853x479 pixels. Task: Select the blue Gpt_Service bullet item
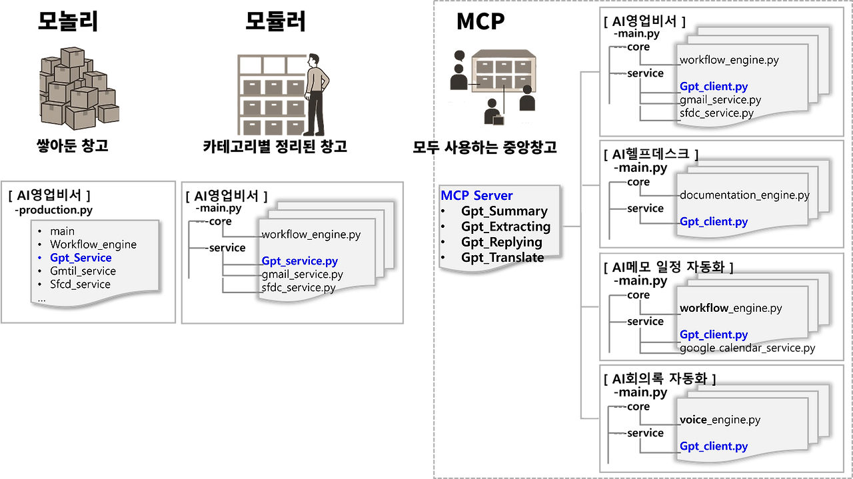pyautogui.click(x=81, y=258)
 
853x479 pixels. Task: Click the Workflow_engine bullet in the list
pyautogui.click(x=93, y=244)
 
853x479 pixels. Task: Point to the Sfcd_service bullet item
pyautogui.click(x=80, y=284)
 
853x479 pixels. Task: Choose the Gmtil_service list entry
pyautogui.click(x=83, y=271)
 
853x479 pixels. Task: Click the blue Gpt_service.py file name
pyautogui.click(x=299, y=261)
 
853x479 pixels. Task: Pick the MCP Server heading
pyautogui.click(x=476, y=196)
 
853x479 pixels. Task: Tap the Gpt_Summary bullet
pyautogui.click(x=504, y=211)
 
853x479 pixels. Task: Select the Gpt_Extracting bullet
pyautogui.click(x=505, y=227)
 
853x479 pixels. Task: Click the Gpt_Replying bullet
pyautogui.click(x=501, y=242)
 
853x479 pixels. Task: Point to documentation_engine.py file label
pyautogui.click(x=744, y=195)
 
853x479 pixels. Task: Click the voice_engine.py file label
pyautogui.click(x=720, y=420)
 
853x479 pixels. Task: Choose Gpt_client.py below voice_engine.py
pyautogui.click(x=714, y=446)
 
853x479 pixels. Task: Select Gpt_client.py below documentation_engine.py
pyautogui.click(x=714, y=222)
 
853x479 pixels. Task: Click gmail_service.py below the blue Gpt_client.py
pyautogui.click(x=720, y=100)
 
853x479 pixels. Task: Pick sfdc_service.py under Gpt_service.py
pyautogui.click(x=298, y=288)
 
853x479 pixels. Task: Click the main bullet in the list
pyautogui.click(x=62, y=231)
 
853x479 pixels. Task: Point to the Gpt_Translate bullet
pyautogui.click(x=502, y=258)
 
